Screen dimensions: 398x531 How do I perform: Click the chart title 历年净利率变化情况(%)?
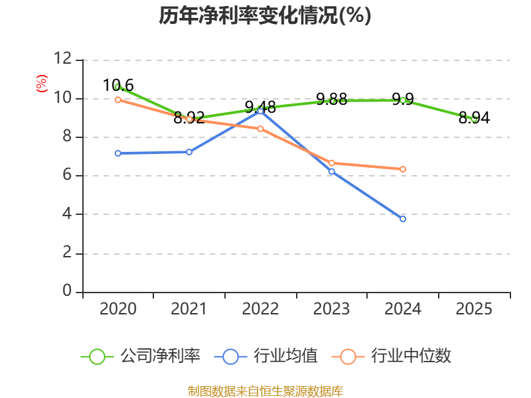point(265,16)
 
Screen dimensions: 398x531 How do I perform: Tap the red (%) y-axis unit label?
point(41,84)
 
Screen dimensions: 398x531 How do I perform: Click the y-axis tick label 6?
point(67,176)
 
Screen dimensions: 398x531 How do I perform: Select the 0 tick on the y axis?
point(67,292)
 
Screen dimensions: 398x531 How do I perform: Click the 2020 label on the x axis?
point(118,309)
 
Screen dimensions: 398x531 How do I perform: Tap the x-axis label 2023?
point(332,309)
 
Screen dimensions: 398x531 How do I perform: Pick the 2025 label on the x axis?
point(474,309)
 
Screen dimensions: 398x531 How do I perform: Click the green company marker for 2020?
point(118,86)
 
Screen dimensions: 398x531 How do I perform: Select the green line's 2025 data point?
point(474,119)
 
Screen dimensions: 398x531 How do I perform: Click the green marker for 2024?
point(403,100)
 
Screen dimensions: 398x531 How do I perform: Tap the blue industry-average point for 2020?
point(118,153)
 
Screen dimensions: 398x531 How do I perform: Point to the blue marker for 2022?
point(261,111)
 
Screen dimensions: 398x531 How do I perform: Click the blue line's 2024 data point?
point(403,218)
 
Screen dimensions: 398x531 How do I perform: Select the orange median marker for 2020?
point(118,99)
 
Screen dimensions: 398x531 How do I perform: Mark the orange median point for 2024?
point(403,169)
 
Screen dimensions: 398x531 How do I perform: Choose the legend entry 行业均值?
point(266,356)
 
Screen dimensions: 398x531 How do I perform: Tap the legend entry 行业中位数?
point(395,356)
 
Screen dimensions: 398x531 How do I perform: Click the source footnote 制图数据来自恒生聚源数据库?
point(265,391)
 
